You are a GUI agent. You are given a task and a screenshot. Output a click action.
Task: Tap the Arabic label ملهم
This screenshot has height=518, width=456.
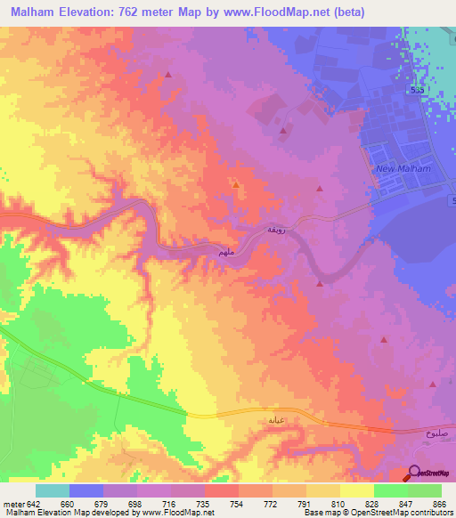tap(227, 254)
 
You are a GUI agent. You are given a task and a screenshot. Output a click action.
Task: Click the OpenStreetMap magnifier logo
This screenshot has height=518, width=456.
tap(414, 474)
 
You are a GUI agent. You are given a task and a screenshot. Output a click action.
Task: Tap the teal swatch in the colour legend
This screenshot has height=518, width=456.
tap(53, 490)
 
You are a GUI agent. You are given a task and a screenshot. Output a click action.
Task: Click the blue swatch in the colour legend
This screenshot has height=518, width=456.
tap(86, 490)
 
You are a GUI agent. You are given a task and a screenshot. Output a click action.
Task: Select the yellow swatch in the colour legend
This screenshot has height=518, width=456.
tap(357, 490)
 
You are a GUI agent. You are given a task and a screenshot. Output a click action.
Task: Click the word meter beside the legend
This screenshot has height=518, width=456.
tap(12, 503)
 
